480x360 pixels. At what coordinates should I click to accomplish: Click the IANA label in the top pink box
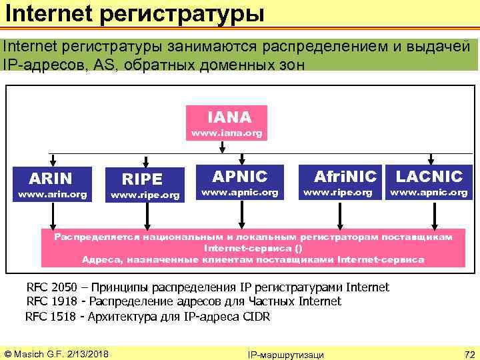coord(229,117)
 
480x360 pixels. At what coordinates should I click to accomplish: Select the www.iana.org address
coord(227,133)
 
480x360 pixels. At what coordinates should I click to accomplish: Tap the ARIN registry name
coord(50,178)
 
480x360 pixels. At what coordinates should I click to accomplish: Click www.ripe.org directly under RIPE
coord(145,196)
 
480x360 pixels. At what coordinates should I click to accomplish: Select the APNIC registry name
coord(239,177)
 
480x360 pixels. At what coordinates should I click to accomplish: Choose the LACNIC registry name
coord(429,177)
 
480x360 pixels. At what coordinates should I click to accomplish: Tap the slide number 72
coord(468,353)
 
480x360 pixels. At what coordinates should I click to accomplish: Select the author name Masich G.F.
coord(37,353)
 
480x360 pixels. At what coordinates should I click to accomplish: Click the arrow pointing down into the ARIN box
coord(50,160)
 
